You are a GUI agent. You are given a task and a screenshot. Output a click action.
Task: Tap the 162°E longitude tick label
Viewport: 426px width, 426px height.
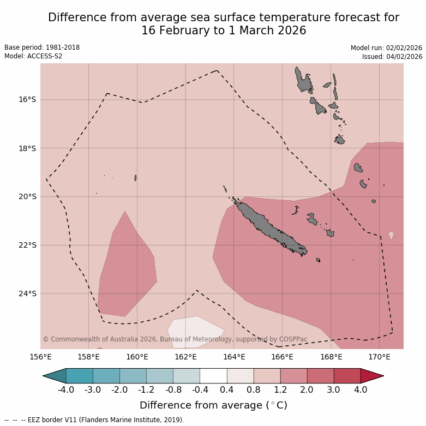pos(185,357)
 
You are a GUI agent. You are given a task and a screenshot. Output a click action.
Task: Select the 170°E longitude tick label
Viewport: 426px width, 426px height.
pos(379,357)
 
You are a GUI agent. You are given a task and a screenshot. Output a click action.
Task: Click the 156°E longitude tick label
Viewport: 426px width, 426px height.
pos(40,357)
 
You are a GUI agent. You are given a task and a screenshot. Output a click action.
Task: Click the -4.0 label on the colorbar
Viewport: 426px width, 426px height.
pos(66,389)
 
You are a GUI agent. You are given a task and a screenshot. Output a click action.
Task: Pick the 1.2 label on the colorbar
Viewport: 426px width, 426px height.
pos(280,389)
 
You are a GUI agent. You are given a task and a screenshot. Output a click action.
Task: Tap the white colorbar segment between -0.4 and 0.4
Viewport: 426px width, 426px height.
pos(213,375)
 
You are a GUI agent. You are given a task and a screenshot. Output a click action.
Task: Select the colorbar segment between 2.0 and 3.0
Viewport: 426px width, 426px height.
pos(320,375)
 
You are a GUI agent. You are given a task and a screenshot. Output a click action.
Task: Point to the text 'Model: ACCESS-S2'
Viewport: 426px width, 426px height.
pos(33,56)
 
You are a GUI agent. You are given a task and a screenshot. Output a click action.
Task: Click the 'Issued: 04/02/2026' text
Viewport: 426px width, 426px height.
pos(392,56)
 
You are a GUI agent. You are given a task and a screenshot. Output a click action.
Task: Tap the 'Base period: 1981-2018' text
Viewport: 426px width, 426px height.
pos(42,47)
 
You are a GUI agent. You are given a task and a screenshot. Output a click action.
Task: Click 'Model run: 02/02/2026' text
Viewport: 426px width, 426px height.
pos(386,48)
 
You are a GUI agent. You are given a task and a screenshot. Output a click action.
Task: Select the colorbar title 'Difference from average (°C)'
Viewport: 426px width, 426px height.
pos(213,405)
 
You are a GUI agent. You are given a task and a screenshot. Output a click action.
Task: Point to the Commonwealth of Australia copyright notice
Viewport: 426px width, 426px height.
pos(175,339)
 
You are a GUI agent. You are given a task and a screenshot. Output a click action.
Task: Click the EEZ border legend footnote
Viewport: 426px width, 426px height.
pos(94,420)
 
